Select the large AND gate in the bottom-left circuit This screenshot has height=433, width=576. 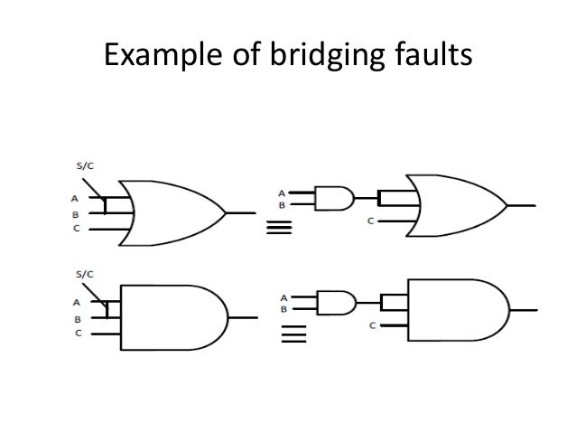pyautogui.click(x=172, y=317)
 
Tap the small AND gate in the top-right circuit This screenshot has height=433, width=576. pyautogui.click(x=333, y=198)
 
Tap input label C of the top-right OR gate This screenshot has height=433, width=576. pyautogui.click(x=371, y=221)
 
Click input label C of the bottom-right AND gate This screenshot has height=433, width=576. pyautogui.click(x=372, y=325)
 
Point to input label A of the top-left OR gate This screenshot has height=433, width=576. pyautogui.click(x=75, y=197)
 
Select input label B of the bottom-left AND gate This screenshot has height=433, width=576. pyautogui.click(x=77, y=318)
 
